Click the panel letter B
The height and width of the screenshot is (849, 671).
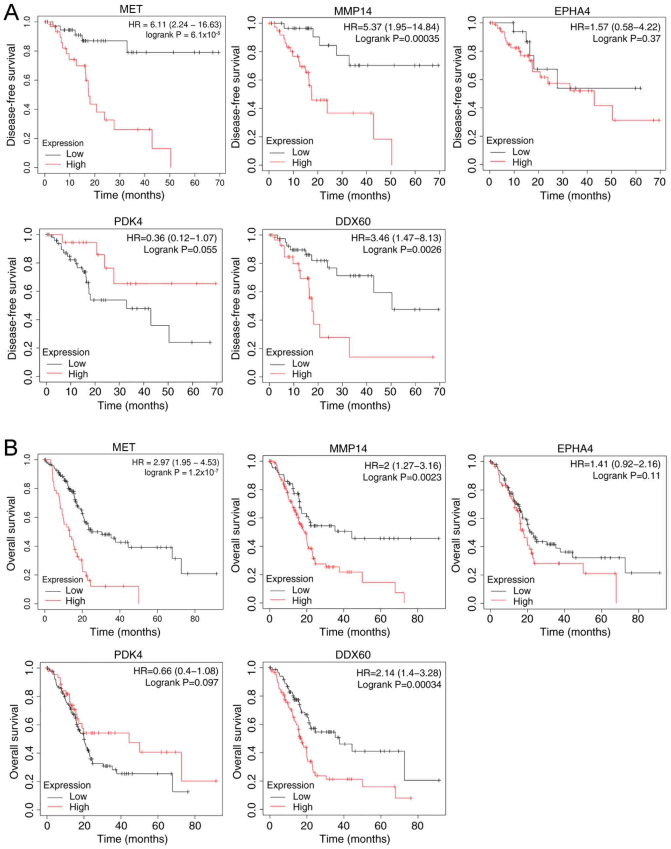click(11, 448)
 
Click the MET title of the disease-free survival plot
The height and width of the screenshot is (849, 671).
click(131, 8)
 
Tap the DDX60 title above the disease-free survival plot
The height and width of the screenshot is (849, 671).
click(353, 222)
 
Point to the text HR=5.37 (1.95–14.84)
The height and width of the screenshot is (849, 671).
click(391, 27)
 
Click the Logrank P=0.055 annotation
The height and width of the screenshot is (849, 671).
click(180, 249)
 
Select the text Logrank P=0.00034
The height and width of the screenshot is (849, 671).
click(399, 685)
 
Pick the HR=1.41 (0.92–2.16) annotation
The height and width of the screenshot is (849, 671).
click(615, 464)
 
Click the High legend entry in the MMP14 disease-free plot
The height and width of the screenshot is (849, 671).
click(302, 163)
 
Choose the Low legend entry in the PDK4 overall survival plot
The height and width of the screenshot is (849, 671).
click(78, 796)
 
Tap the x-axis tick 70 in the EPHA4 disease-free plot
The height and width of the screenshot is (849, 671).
click(660, 182)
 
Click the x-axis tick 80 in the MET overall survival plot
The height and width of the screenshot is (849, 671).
click(195, 618)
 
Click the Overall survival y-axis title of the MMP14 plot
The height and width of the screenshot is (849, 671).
click(235, 535)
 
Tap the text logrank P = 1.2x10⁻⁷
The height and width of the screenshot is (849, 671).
click(181, 472)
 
